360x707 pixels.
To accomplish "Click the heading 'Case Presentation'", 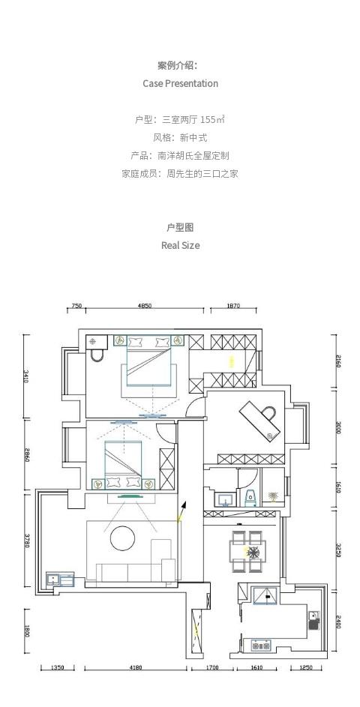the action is (181, 83).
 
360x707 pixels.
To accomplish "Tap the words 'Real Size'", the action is (181, 246).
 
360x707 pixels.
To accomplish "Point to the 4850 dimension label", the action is (145, 306).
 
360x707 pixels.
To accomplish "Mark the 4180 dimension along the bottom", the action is (136, 668).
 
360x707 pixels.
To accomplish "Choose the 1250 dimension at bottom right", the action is (306, 668).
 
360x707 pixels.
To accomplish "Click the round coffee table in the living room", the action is (123, 538).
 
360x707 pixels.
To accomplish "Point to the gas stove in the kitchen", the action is (261, 646).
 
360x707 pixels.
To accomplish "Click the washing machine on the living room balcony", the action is (53, 579).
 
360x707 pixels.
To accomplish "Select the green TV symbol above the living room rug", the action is (131, 497).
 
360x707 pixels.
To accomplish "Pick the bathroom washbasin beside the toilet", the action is (226, 499).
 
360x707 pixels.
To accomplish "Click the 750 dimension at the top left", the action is (77, 306).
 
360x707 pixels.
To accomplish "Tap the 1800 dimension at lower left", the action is (26, 631).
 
